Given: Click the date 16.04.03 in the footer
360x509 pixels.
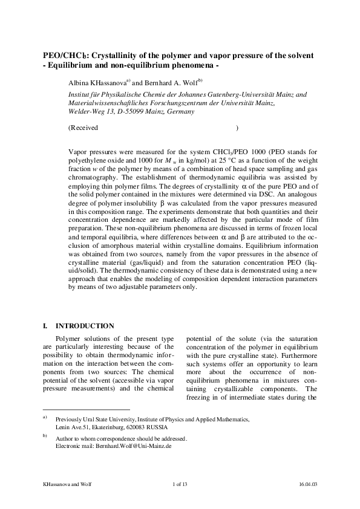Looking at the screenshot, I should coord(309,484).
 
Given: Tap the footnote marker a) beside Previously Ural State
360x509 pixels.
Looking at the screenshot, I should coord(45,417).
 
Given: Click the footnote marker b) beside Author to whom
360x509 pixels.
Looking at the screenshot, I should coord(45,435).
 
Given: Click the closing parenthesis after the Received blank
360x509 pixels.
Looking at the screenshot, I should coord(237,128).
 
